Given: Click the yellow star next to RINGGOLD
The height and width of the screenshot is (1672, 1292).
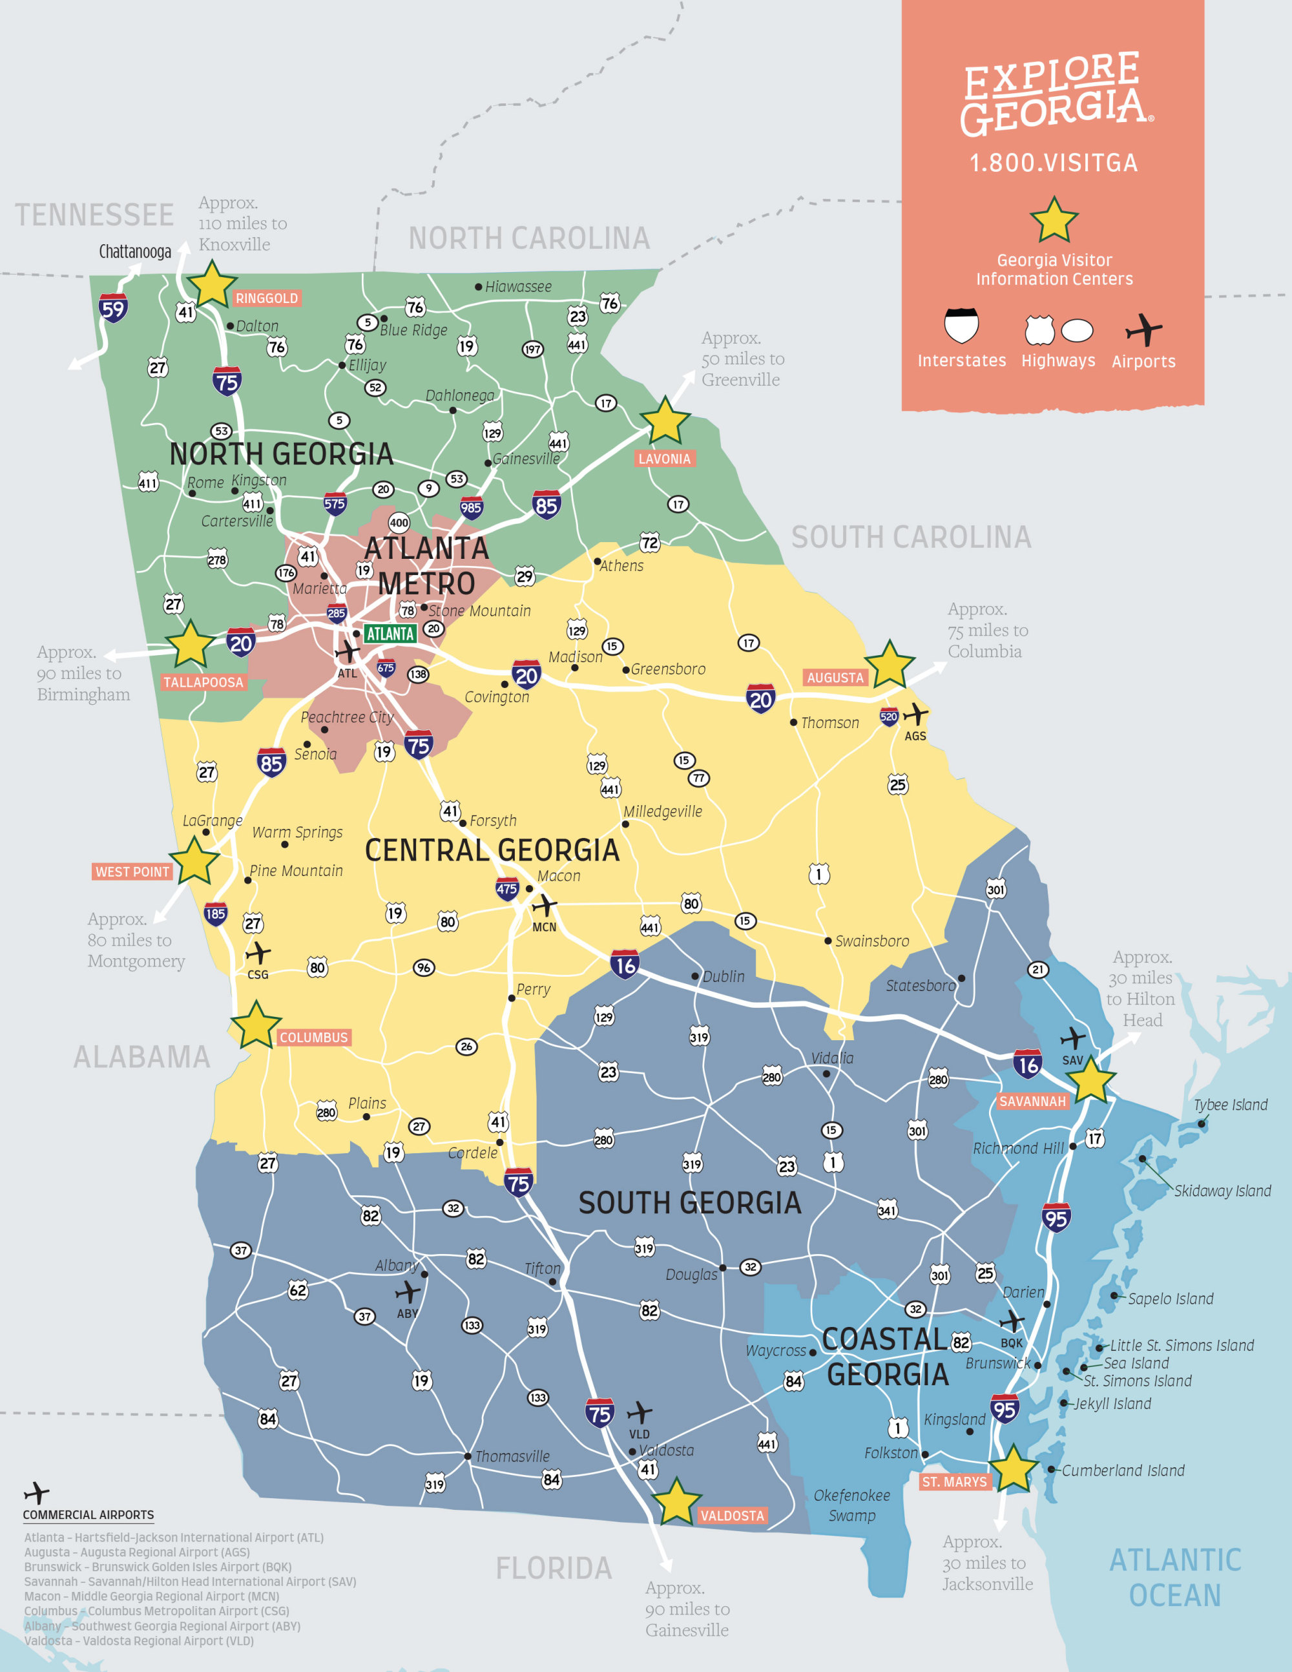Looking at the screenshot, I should click(212, 285).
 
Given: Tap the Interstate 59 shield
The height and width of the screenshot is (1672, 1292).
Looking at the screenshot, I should click(112, 309).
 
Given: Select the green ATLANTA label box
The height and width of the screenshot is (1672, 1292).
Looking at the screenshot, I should click(390, 633).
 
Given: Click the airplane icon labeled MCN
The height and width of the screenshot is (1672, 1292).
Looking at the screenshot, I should click(544, 906).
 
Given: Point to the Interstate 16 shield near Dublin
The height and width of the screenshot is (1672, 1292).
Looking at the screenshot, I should click(625, 965).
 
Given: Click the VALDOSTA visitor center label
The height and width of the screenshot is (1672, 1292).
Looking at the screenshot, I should click(731, 1515).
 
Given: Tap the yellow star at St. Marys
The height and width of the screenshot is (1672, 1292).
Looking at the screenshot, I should click(1013, 1468).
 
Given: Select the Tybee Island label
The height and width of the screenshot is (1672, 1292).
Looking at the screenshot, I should click(1230, 1105).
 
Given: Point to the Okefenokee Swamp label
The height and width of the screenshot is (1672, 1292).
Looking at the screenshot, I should click(851, 1505).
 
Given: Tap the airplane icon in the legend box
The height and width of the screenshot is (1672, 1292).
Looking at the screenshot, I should click(1143, 331).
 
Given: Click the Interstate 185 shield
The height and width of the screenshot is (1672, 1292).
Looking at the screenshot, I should click(215, 914).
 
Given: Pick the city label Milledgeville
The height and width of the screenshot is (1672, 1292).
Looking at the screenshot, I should click(662, 811).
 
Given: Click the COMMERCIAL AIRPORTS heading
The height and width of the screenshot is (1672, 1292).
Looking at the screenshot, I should click(88, 1514).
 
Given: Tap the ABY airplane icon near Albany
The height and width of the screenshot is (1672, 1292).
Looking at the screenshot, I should click(407, 1292).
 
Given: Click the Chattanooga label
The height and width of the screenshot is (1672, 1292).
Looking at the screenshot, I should click(135, 252).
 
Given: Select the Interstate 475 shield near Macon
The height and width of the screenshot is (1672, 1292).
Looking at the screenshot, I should click(506, 889).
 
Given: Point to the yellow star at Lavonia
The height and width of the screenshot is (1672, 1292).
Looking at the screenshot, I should click(664, 421).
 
